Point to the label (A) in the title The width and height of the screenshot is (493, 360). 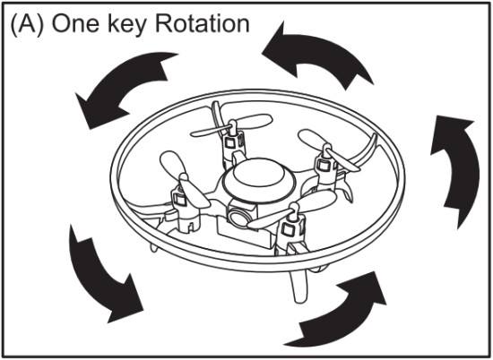click(23, 24)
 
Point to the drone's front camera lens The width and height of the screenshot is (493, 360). click(239, 215)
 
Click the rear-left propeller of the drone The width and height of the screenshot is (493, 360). click(231, 120)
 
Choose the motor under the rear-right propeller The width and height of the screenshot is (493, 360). click(322, 167)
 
